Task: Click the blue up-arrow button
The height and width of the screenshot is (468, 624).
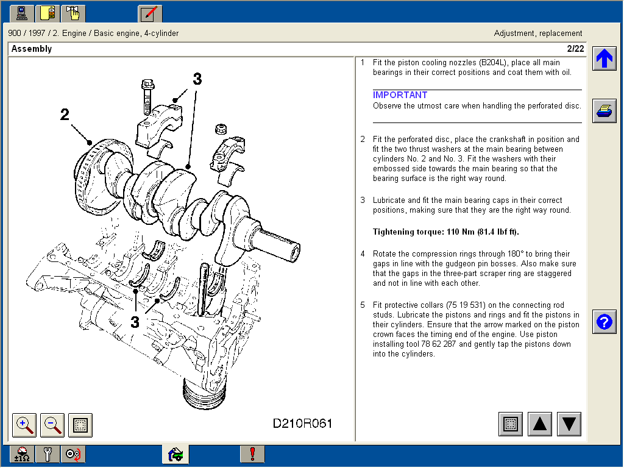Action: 604,58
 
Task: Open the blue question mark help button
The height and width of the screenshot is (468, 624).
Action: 604,322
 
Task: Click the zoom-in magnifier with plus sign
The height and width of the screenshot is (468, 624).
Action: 24,425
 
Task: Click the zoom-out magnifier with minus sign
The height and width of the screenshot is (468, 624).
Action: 52,425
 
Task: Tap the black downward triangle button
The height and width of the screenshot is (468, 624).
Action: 569,424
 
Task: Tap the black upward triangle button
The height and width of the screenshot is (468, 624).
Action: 540,424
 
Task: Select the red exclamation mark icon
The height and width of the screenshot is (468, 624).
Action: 252,454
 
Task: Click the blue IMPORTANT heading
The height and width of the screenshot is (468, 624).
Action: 400,95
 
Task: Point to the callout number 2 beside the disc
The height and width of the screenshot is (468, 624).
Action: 65,115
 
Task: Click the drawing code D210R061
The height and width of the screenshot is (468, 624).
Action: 302,424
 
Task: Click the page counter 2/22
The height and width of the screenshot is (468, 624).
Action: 575,49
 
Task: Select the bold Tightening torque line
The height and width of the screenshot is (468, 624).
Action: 446,232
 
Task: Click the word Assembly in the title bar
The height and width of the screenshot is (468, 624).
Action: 32,49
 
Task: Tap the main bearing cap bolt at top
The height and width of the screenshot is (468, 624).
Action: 146,96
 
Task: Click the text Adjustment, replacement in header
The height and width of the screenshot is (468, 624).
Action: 538,34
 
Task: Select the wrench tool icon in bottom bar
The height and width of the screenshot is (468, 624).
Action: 48,454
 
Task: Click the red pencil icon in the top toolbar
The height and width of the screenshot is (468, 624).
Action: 150,13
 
